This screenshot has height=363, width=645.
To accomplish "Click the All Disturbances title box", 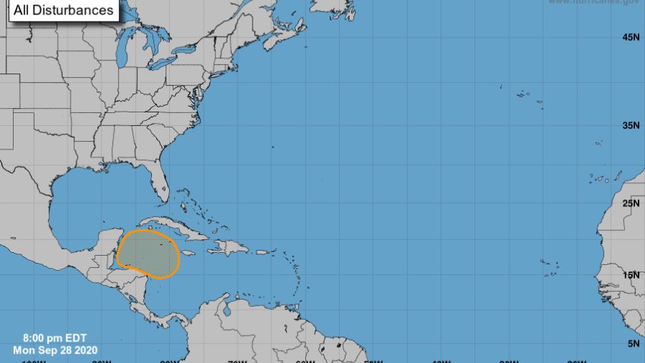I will click(59, 10).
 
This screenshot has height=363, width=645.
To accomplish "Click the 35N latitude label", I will click(630, 126).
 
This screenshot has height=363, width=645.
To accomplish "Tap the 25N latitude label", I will click(630, 204).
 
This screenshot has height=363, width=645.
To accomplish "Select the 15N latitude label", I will click(630, 274).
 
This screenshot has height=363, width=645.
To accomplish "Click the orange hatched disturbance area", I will click(148, 254).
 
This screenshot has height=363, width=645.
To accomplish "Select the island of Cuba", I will click(173, 226).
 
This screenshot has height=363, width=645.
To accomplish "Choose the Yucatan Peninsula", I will click(108, 245).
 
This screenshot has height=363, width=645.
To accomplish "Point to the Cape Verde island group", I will click(551, 268).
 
